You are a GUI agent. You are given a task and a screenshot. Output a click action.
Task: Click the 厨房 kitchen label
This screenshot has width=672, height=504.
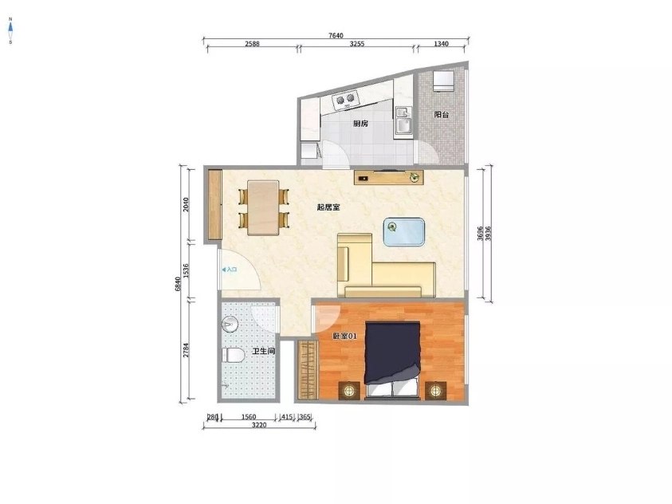pyautogui.click(x=360, y=124)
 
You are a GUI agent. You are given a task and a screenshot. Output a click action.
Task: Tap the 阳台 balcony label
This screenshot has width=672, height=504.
pyautogui.click(x=441, y=115)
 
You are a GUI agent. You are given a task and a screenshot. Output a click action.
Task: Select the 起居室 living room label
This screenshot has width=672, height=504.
pyautogui.click(x=328, y=207)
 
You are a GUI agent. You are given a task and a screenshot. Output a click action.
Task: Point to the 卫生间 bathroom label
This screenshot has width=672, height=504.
pyautogui.click(x=264, y=351)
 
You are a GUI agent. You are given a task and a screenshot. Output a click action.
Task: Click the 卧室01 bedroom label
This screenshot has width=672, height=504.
pyautogui.click(x=344, y=337)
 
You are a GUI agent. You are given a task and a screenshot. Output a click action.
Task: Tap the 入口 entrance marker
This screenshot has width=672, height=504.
pyautogui.click(x=229, y=270)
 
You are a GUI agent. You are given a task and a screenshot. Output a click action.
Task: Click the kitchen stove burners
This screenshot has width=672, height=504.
pyautogui.click(x=346, y=100)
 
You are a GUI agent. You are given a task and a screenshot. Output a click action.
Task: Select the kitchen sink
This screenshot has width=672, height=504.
pyautogui.click(x=403, y=122)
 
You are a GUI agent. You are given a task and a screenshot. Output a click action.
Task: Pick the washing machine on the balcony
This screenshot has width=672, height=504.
pyautogui.click(x=442, y=83)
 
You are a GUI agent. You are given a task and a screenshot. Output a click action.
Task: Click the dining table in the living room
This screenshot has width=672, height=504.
pyautogui.click(x=264, y=207)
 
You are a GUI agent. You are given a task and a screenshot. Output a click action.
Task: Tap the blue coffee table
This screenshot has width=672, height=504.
pyautogui.click(x=404, y=231)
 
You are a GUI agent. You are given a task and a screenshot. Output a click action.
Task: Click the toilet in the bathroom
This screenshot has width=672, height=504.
pyautogui.click(x=233, y=355)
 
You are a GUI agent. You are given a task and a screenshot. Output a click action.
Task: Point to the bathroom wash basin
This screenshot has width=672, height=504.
pyautogui.click(x=230, y=325)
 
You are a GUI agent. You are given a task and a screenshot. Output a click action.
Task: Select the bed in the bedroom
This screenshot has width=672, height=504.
pyautogui.click(x=391, y=359)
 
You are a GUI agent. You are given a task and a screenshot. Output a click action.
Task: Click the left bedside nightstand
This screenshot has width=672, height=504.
pyautogui.click(x=350, y=390)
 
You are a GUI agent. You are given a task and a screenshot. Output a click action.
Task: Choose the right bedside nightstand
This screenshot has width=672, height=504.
pyautogui.click(x=434, y=390)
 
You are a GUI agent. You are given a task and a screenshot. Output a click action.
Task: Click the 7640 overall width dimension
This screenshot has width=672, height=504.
pyautogui.click(x=336, y=35)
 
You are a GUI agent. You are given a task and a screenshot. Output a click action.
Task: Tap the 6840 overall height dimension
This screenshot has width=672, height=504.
pyautogui.click(x=179, y=283)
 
